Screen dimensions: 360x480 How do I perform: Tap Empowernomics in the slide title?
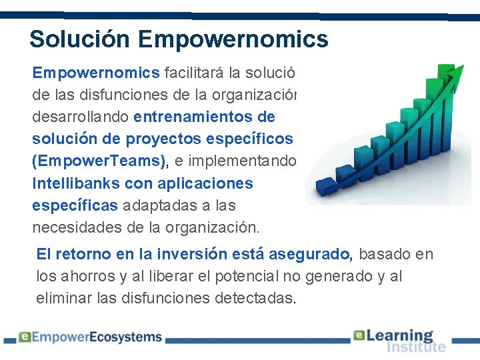pos(233,39)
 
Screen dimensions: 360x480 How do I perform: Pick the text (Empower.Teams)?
pos(98,161)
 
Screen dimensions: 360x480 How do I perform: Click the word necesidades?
pos(75,227)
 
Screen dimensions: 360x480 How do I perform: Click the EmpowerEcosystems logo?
pos(90,337)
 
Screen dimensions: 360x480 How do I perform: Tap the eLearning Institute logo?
pos(399,340)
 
